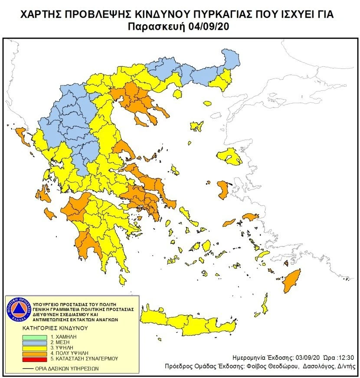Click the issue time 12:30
point(347,358)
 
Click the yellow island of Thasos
point(207,104)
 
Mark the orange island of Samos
point(250,216)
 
